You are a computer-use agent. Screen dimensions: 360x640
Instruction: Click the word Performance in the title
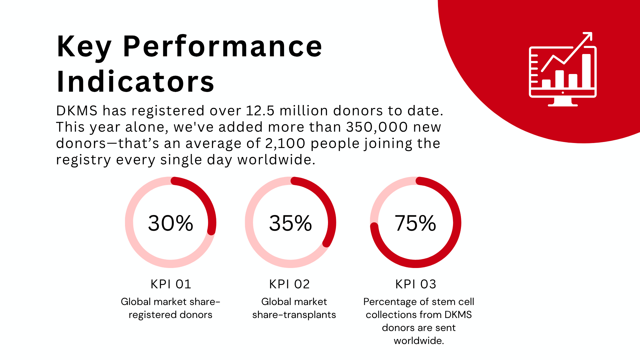222,47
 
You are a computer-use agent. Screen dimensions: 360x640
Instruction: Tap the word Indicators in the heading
135,82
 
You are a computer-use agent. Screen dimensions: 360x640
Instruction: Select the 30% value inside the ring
170,223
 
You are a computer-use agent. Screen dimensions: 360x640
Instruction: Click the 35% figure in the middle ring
290,223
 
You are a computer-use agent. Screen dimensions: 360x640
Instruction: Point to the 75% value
415,223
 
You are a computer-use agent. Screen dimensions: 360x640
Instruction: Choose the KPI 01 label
171,284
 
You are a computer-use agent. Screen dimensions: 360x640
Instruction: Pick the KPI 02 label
290,284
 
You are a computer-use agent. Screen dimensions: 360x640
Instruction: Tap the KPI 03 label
416,284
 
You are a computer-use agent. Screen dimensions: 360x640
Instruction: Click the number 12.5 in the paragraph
260,111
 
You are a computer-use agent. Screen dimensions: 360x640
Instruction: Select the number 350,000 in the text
377,127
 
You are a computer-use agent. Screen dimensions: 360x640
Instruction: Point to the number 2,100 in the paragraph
285,144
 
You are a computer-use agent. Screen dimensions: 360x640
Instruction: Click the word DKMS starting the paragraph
77,111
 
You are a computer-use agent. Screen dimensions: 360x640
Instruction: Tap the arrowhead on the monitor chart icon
588,35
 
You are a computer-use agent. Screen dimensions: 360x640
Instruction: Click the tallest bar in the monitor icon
586,71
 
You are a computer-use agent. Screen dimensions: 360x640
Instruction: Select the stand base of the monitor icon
563,104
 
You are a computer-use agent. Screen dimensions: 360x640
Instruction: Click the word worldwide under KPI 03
419,341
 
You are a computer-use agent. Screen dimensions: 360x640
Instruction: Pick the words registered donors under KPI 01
170,315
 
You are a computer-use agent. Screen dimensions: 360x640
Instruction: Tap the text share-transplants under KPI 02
294,315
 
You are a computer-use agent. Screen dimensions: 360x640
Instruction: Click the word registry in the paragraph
83,160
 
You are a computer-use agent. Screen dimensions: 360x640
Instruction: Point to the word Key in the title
84,47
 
